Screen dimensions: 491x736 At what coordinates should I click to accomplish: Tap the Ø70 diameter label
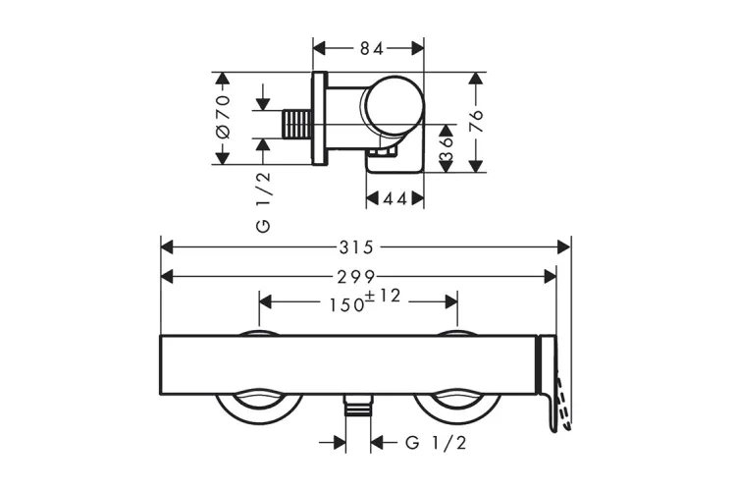click(223, 117)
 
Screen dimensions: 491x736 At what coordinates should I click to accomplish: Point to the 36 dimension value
click(447, 148)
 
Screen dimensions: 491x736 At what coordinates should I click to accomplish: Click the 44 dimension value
click(394, 199)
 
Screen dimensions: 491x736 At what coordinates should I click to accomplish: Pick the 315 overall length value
click(365, 245)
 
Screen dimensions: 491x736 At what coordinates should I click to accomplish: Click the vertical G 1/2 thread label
click(263, 201)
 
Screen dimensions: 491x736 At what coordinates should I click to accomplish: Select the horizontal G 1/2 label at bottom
click(436, 443)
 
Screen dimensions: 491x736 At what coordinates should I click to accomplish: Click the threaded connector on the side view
click(298, 125)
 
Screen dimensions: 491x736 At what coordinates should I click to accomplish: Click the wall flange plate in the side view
click(320, 118)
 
